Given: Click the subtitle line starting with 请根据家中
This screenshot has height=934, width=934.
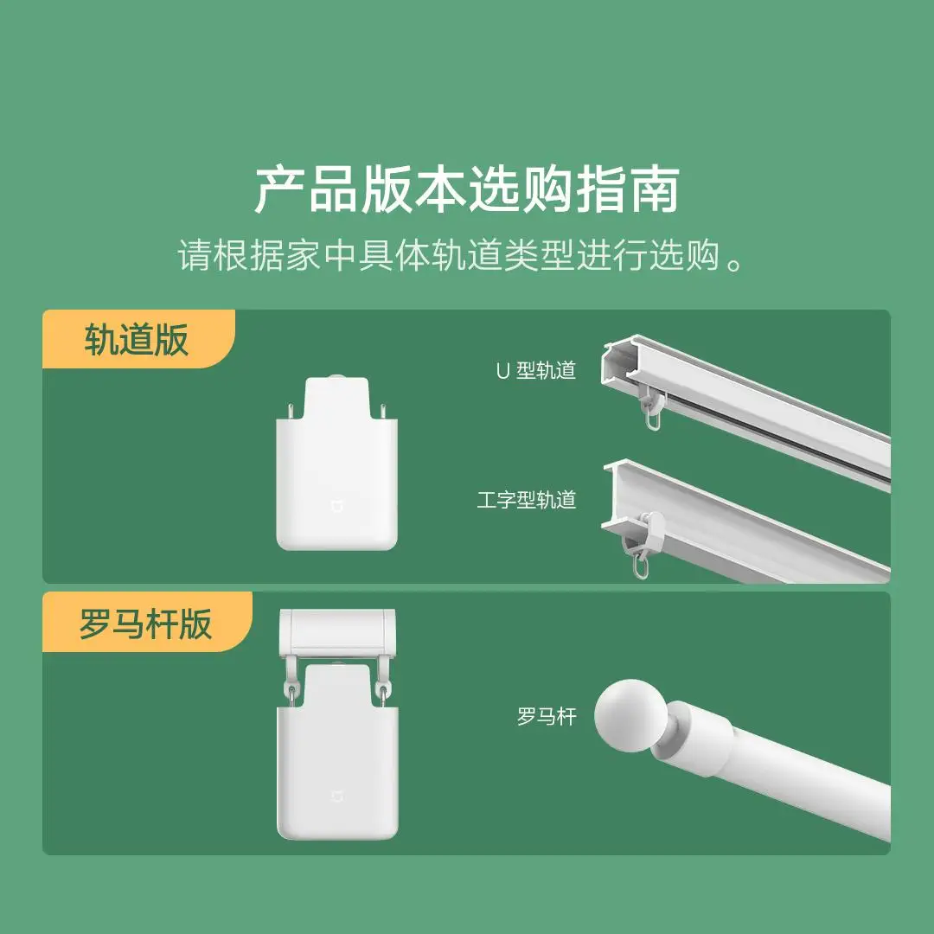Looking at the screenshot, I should pos(462,256).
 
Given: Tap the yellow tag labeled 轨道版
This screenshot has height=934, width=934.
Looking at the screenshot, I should pos(137,340).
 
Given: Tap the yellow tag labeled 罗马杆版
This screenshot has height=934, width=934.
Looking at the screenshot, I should pos(145,623).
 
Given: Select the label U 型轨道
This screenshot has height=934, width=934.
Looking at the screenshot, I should pos(535,371).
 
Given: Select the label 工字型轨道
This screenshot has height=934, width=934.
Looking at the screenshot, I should pos(526,500).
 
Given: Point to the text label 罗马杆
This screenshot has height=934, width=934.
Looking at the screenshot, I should pos(546,716).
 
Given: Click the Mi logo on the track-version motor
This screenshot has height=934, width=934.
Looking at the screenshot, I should pos(336,503).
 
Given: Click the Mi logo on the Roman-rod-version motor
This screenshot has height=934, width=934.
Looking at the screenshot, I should pos(336,794).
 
